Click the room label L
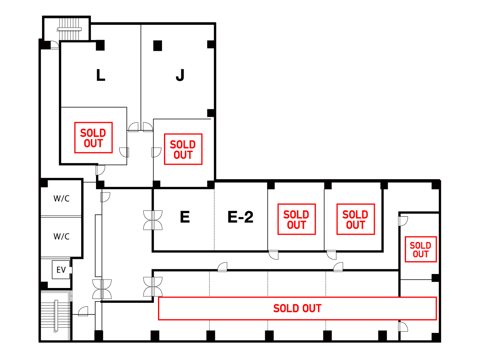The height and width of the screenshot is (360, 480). point(100,75)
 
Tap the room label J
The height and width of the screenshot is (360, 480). point(180,75)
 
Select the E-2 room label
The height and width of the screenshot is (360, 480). point(240,217)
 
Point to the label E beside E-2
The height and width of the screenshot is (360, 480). point(185,217)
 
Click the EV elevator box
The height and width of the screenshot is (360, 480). point(61,270)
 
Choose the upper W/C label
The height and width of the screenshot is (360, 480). point(62,198)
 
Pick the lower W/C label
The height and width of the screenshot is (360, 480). point(62,236)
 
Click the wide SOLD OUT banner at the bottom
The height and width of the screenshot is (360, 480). point(297,308)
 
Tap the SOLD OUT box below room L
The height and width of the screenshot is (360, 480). point(93,138)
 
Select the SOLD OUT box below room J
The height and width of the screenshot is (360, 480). point(183,149)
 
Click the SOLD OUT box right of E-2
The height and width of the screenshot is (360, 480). point(296,219)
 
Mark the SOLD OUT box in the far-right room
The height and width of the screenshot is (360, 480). point(420,249)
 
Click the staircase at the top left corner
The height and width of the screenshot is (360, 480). point(69,29)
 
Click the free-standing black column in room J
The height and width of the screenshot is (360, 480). point(158,46)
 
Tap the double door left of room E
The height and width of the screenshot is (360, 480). point(153,220)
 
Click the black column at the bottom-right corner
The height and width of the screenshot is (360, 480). point(436,337)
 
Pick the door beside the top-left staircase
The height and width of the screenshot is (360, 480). point(55,45)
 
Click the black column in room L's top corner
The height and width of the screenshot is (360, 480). point(100,45)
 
